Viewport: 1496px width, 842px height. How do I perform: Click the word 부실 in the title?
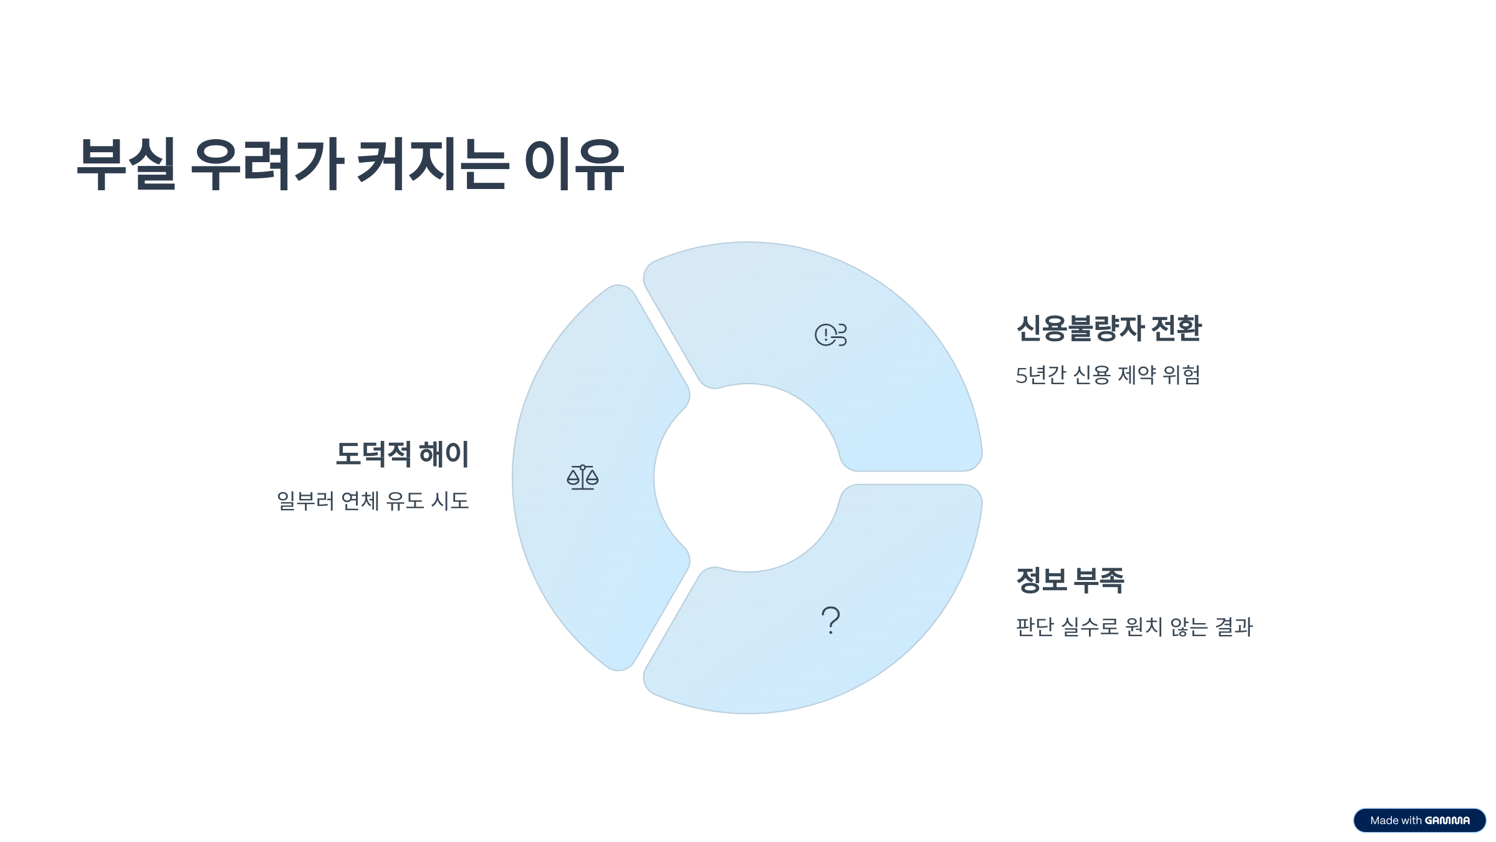[127, 163]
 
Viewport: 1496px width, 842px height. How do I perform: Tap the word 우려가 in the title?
[267, 163]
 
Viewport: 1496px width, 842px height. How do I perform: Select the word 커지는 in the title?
[431, 163]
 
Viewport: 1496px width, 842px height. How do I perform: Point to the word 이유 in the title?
[574, 163]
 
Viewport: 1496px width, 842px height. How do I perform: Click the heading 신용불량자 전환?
[1108, 328]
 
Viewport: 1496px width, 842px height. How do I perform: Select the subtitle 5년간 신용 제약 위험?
[1108, 375]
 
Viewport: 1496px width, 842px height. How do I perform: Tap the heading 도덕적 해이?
[402, 454]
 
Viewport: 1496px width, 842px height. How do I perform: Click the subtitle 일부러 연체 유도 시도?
[373, 501]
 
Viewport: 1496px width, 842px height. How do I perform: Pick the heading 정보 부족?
[1070, 580]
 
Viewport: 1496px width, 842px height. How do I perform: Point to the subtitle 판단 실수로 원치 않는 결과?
[1134, 627]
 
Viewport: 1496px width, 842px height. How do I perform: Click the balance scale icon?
[582, 477]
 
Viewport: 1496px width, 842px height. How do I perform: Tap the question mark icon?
[831, 621]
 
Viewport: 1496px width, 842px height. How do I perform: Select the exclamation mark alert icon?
[830, 335]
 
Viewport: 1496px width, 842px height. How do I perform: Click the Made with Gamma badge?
[1419, 820]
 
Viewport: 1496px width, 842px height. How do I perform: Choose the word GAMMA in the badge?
[1447, 821]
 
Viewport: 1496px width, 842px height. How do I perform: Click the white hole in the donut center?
[748, 478]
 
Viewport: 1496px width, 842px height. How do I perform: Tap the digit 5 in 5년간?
[1021, 375]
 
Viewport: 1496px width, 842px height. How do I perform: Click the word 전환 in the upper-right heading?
[1176, 328]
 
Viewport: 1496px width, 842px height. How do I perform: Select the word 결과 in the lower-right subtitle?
[1234, 627]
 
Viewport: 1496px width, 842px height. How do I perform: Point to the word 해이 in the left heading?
[444, 454]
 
